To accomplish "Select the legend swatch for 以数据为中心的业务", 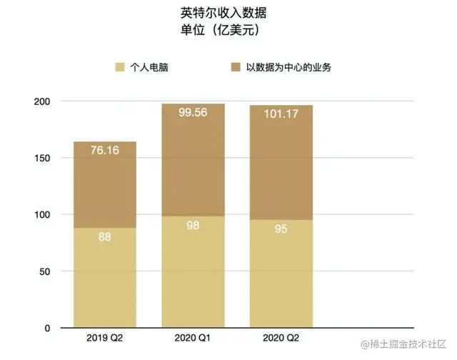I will (x=234, y=69).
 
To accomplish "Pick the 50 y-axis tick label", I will (x=44, y=271).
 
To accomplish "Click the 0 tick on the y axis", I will (x=46, y=328).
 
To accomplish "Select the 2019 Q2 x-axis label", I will (x=104, y=336).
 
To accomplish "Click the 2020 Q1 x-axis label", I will (x=193, y=336).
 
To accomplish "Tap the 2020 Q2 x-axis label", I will (x=281, y=336).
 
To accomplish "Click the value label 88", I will (x=105, y=236).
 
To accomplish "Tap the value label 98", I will (x=193, y=225).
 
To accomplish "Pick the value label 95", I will (x=281, y=229).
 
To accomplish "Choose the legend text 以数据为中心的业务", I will (x=288, y=69).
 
